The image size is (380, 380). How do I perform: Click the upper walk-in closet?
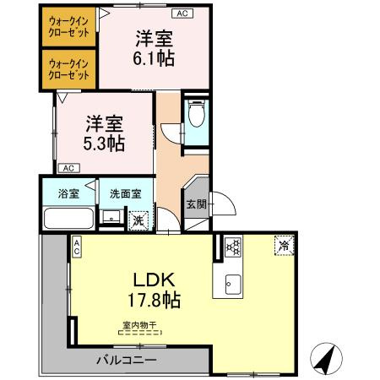click(x=69, y=25)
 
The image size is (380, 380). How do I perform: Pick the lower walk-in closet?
click(x=69, y=69)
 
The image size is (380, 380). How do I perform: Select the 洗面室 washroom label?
click(x=125, y=193)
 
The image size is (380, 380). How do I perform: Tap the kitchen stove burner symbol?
click(x=234, y=247)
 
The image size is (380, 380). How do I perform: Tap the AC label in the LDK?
click(x=76, y=246)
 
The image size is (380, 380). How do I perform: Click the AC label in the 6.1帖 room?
click(x=181, y=14)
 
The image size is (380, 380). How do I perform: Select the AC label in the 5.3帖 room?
click(x=67, y=168)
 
